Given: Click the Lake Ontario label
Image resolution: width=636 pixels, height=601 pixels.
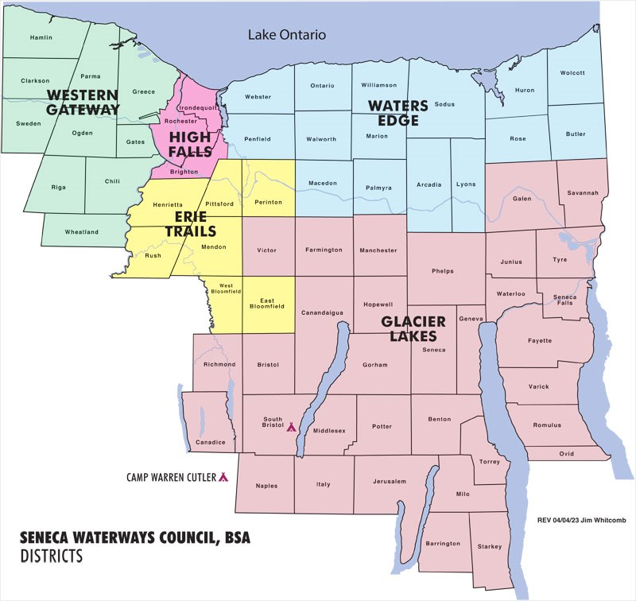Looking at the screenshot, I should pos(287,35).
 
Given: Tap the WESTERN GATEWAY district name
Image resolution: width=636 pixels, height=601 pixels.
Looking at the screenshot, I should pos(82,102).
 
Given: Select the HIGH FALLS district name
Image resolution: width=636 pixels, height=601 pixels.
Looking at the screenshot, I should pos(190,144).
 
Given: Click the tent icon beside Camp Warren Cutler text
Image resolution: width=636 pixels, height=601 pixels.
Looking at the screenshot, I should pos(223,477).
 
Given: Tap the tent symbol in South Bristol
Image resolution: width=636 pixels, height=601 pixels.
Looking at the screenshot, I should pos(291,427).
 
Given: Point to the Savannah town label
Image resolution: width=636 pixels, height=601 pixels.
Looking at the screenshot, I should pos(582,192).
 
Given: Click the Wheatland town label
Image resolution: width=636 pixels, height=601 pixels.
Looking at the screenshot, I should pos(81,232).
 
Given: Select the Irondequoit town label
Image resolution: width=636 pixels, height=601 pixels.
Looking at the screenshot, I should pos(196,107).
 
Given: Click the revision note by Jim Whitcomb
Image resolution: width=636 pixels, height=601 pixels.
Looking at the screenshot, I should pos(584,520).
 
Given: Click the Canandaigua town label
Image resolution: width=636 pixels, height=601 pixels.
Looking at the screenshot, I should pos(322,312).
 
